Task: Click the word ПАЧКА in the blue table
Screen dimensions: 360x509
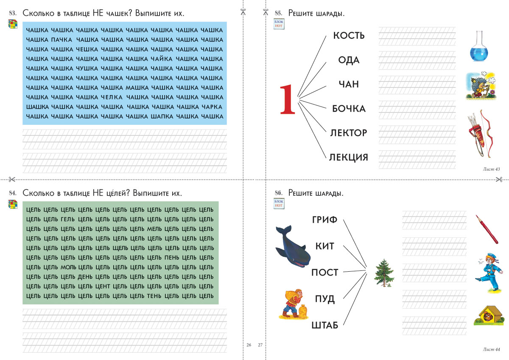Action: click(62, 39)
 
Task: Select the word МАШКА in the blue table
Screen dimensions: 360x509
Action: click(137, 87)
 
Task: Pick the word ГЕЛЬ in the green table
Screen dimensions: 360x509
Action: click(68, 219)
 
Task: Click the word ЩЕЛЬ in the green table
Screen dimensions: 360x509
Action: click(120, 248)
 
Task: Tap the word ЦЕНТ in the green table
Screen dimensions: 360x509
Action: click(103, 286)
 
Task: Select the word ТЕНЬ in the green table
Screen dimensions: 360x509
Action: click(155, 296)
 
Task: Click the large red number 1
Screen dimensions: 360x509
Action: click(287, 99)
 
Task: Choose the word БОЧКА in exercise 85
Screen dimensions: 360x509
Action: click(349, 109)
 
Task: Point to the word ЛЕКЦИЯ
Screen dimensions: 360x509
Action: click(349, 157)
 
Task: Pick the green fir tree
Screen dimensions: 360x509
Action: click(384, 271)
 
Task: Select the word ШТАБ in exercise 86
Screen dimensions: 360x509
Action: click(325, 325)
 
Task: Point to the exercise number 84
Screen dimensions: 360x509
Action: click(12, 193)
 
